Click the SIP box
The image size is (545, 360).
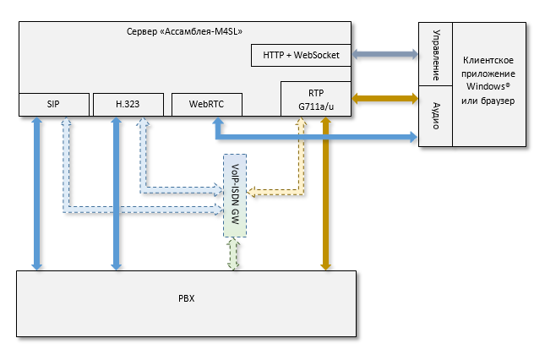(x=53, y=104)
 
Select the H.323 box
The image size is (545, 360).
(x=128, y=104)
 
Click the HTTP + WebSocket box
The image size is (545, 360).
(x=301, y=55)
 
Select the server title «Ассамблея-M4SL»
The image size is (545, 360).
(x=185, y=32)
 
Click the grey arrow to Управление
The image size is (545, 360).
(x=386, y=55)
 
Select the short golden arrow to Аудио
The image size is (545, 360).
(x=386, y=99)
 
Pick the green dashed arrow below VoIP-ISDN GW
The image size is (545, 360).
(x=235, y=254)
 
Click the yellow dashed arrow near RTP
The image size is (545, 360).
(x=299, y=161)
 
